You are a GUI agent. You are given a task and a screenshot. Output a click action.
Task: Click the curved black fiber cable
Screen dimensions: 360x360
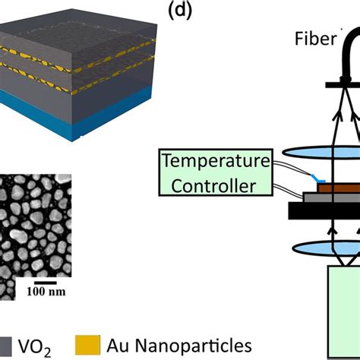(x=340, y=53)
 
